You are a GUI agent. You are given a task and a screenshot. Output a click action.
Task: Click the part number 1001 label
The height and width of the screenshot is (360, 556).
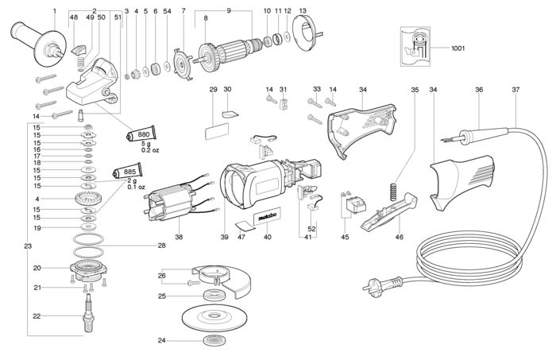tap(458, 48)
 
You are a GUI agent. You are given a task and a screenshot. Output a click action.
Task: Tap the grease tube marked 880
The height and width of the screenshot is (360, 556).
tap(141, 134)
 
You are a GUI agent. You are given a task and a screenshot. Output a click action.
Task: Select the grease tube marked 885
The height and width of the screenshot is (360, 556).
tap(127, 172)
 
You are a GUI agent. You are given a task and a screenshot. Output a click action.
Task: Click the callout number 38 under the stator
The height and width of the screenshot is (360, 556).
tap(179, 237)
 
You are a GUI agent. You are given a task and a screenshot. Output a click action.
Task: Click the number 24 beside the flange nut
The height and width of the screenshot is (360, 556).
tap(162, 340)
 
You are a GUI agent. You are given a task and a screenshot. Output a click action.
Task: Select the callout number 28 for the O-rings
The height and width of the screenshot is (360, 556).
tap(161, 245)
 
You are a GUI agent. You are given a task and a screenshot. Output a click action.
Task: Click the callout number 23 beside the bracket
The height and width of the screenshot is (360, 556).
tap(28, 246)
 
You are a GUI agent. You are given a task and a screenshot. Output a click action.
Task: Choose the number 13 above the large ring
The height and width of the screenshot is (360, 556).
tap(303, 11)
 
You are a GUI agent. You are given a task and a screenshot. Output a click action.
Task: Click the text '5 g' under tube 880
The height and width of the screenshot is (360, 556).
tap(145, 144)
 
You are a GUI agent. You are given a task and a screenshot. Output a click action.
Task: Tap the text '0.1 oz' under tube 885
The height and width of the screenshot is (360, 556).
tap(136, 187)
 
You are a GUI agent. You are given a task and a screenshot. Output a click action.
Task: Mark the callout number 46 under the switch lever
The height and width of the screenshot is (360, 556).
tap(399, 237)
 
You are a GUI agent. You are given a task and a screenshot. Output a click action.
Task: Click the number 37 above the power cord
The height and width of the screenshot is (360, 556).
tap(515, 90)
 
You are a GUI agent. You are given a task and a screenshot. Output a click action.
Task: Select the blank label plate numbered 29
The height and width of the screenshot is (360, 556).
tap(216, 131)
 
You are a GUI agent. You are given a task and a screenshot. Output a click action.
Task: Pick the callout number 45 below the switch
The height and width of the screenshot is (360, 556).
tap(345, 237)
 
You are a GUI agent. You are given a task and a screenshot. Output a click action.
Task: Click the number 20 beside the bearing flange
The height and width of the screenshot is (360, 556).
tap(37, 268)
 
